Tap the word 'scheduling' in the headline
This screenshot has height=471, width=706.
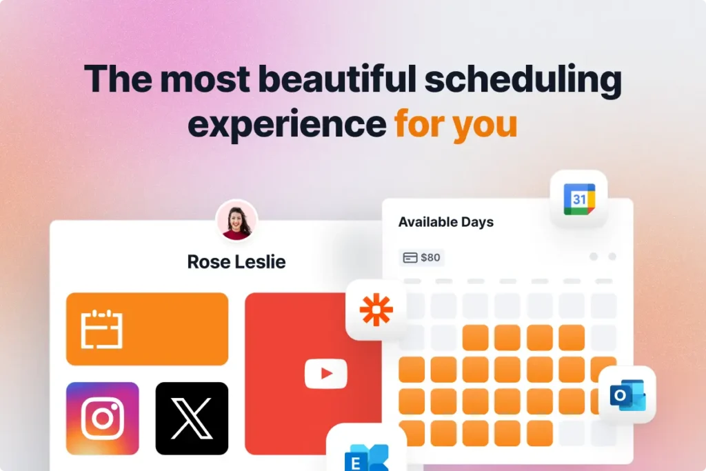point(523,80)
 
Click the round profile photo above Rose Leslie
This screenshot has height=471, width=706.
point(236,221)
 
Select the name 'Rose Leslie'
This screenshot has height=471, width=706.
point(236,261)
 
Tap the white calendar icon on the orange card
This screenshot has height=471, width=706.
point(101,329)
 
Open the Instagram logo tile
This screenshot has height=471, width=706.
point(102,418)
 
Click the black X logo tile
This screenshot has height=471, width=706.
point(192,418)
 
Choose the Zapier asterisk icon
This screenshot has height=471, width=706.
point(376,310)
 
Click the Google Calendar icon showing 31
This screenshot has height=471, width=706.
point(578,199)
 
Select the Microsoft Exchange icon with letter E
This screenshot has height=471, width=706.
point(367,457)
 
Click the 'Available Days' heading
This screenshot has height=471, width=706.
point(446,222)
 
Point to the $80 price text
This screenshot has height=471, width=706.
point(430,258)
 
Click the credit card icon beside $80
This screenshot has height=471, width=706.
point(410,258)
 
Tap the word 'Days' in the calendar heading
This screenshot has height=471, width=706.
point(477,222)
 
